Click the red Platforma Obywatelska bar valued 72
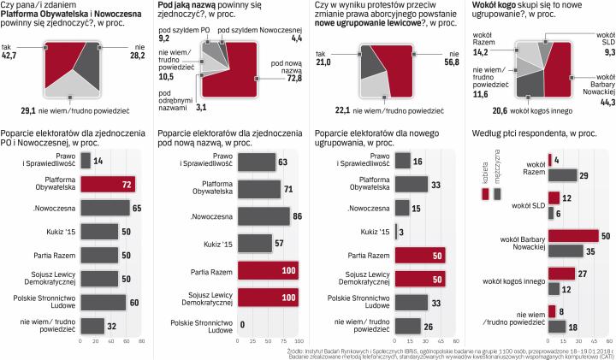point(107,184)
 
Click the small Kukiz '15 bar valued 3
point(396,232)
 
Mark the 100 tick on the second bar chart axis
point(297,340)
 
